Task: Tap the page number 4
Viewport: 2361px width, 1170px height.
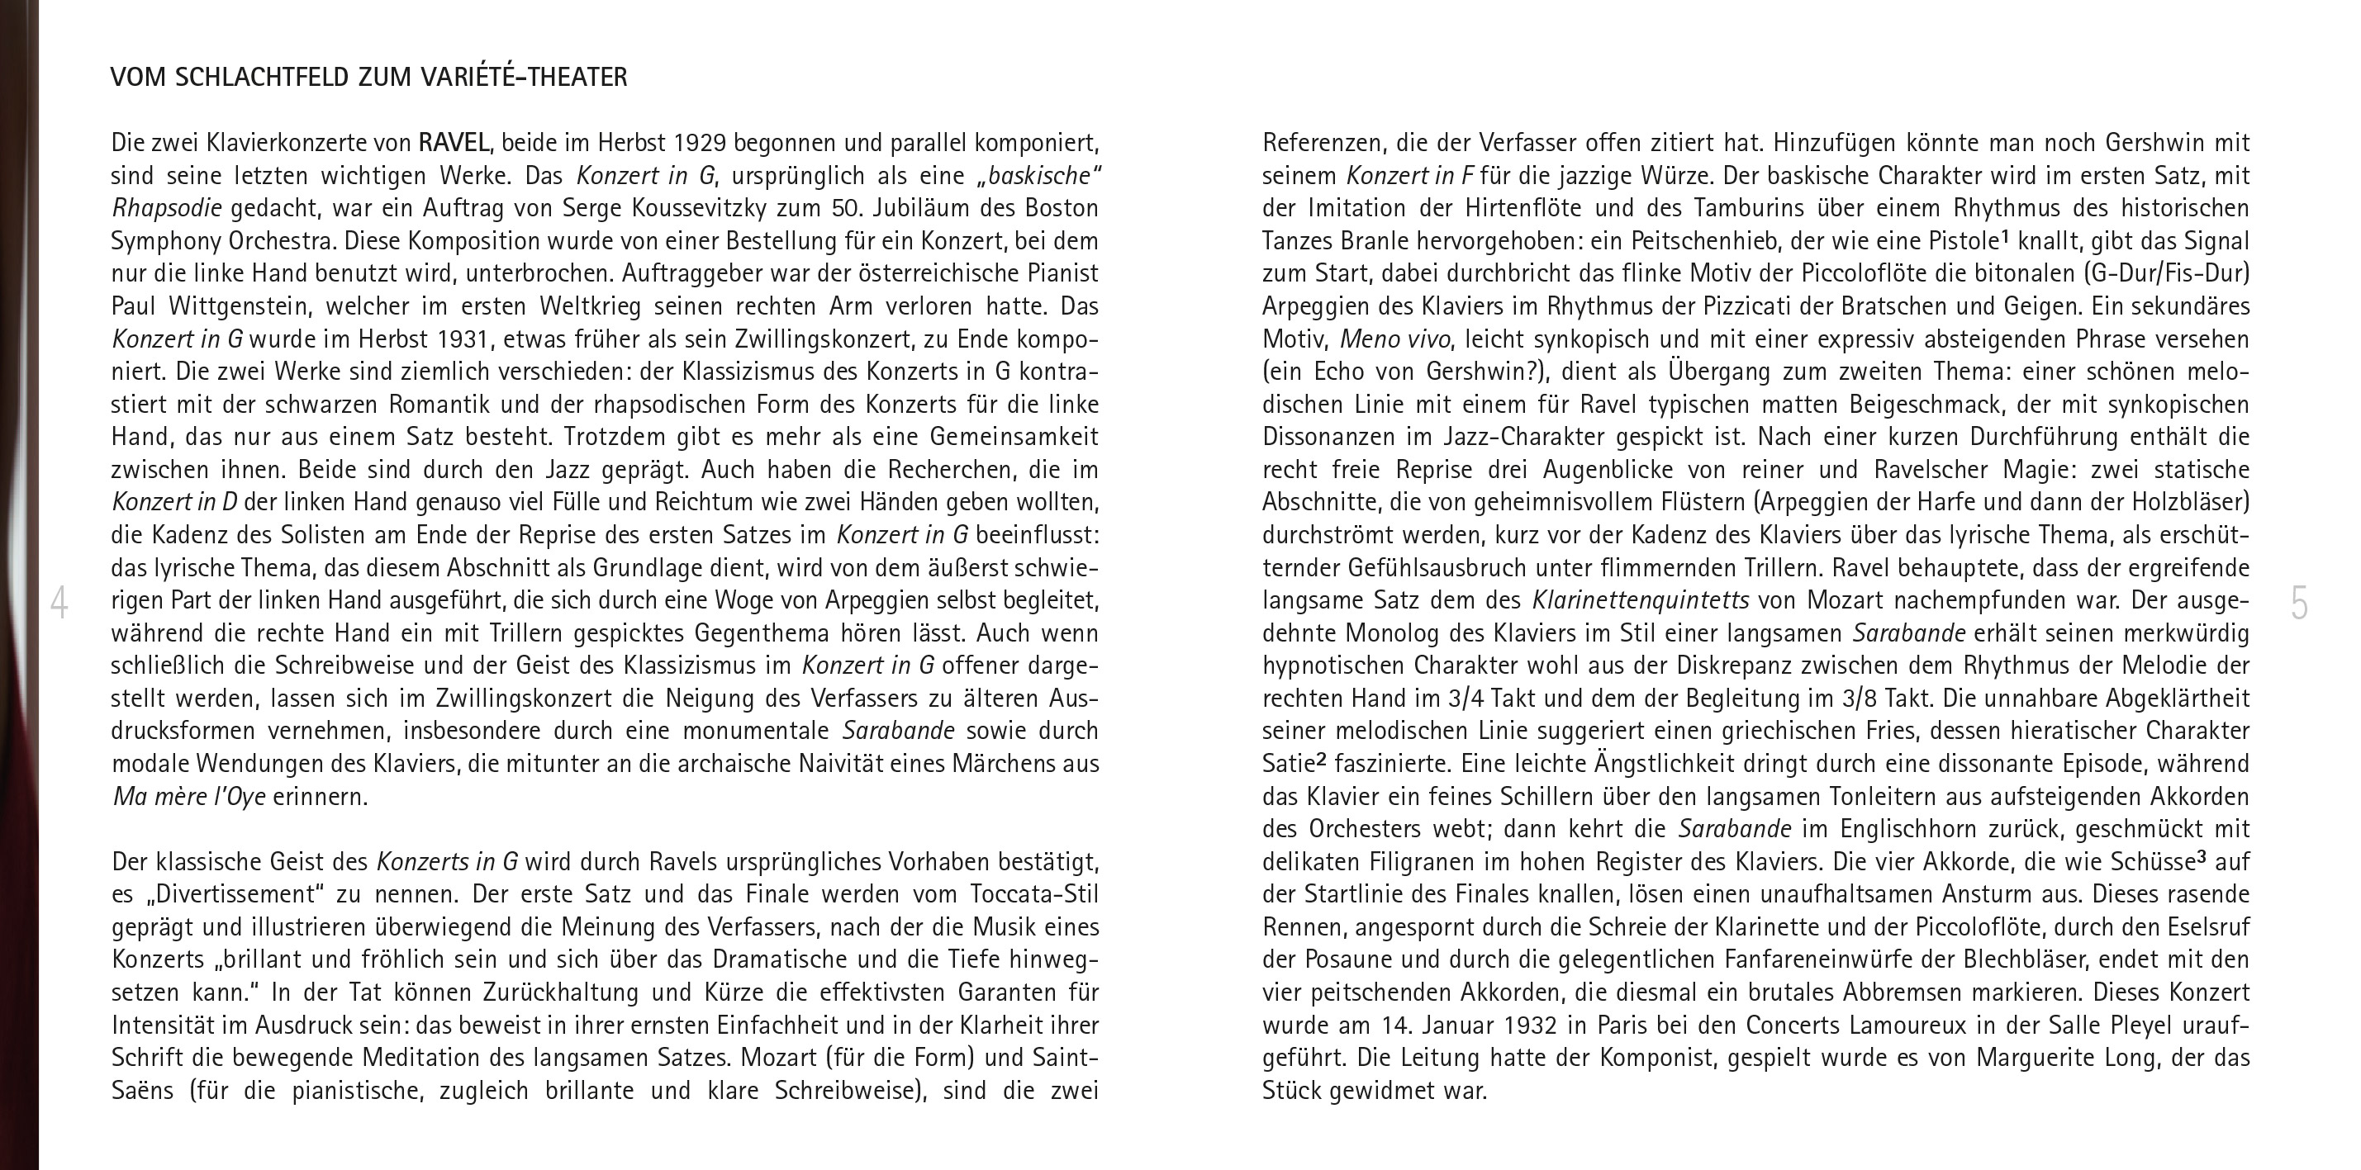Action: pos(59,604)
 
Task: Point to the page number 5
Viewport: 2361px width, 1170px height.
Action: pos(2299,604)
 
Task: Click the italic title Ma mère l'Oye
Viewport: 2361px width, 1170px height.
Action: pos(189,796)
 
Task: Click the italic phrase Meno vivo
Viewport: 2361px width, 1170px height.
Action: pos(1395,339)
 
